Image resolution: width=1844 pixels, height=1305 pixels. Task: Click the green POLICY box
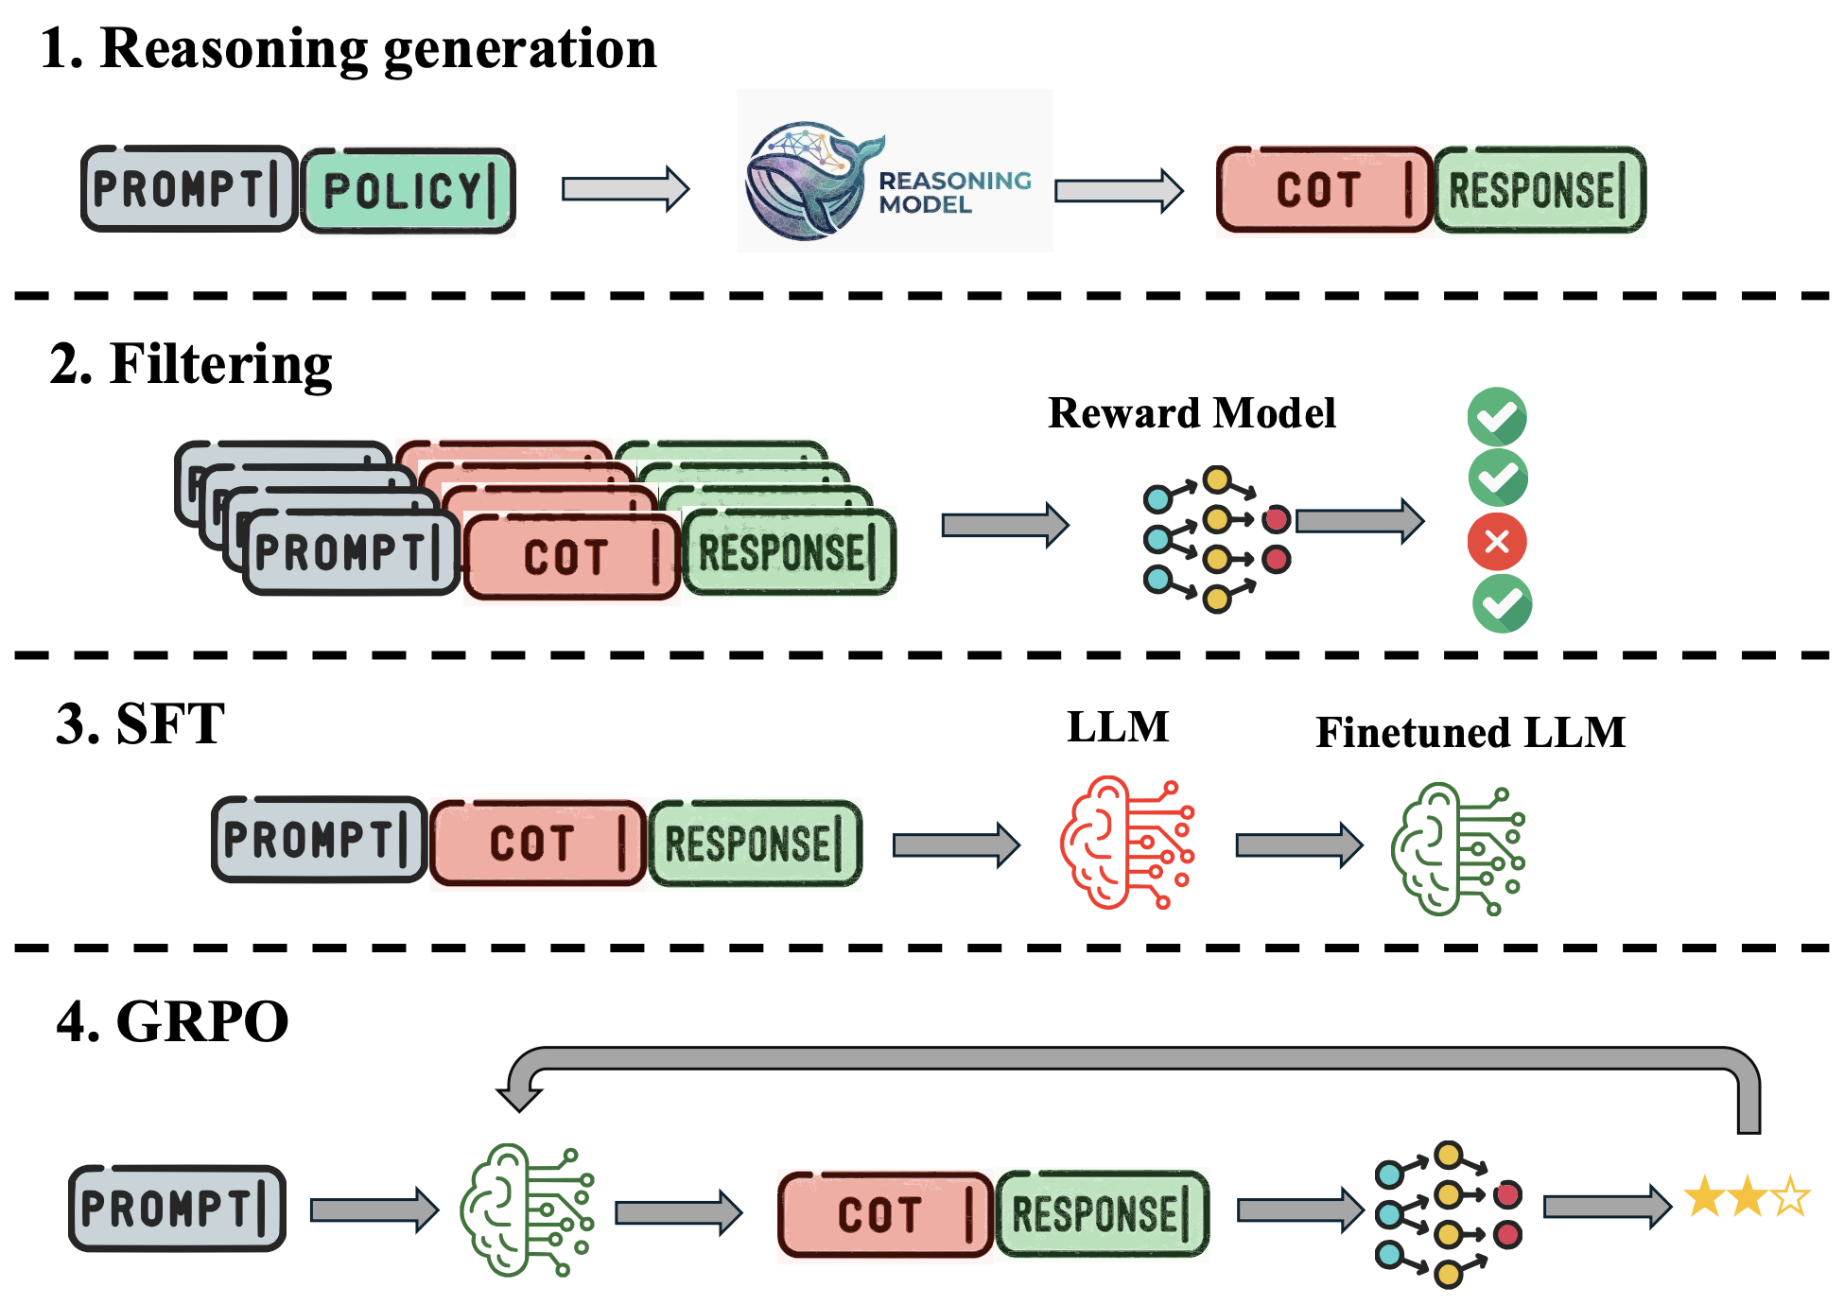pos(409,190)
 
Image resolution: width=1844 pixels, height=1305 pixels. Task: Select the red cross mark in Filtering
pos(1496,542)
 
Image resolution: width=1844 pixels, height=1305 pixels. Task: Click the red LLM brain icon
pos(1126,843)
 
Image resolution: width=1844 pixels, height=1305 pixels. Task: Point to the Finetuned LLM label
pos(1470,733)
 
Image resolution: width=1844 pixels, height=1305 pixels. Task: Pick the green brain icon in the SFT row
pos(1456,848)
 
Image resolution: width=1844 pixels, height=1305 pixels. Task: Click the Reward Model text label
pos(1192,413)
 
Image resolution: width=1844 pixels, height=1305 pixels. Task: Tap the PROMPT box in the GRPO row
pos(178,1208)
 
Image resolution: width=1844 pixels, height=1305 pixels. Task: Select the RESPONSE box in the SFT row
pos(755,844)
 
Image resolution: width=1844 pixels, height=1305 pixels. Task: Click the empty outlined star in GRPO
pos(1791,1197)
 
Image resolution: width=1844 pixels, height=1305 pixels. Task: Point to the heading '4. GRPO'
pos(172,1021)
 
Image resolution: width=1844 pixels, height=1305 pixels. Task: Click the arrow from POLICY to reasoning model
pos(625,189)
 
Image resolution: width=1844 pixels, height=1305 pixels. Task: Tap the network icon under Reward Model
pos(1216,539)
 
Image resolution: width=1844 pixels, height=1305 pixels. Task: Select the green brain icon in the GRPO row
pos(526,1209)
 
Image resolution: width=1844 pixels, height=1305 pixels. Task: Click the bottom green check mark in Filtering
pos(1502,603)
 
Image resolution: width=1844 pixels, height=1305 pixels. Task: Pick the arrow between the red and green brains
pos(1298,844)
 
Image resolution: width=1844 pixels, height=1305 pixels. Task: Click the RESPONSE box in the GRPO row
pos(1103,1213)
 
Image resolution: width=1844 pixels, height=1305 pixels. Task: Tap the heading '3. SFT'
pos(140,724)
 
